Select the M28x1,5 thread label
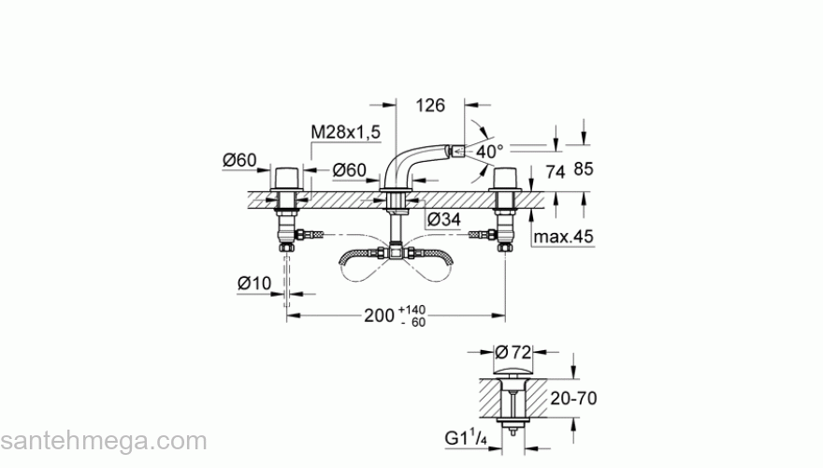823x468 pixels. tap(345, 134)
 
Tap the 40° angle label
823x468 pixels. tap(489, 151)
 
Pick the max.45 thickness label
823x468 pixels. tap(564, 237)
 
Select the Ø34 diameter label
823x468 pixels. tap(442, 219)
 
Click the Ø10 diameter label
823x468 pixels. tap(254, 282)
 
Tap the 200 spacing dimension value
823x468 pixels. tap(379, 316)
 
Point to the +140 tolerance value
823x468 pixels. tap(411, 309)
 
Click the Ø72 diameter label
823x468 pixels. tap(513, 352)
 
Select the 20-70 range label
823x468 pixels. tap(571, 398)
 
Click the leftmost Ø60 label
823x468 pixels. tap(239, 160)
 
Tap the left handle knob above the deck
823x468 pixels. tap(286, 178)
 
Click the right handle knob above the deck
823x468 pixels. tap(506, 178)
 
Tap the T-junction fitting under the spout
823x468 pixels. tap(397, 251)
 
